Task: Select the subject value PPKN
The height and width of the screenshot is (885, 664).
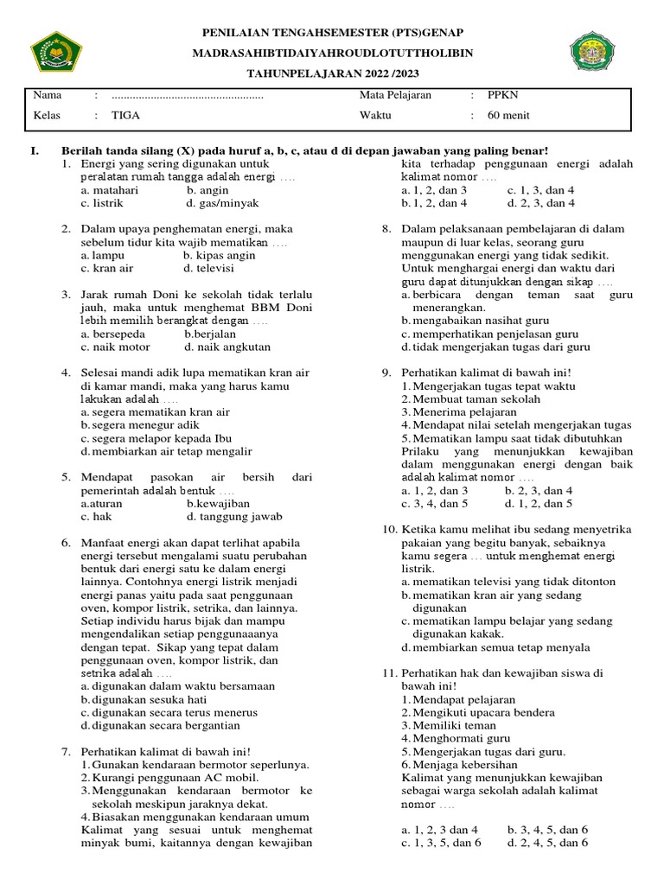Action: point(501,95)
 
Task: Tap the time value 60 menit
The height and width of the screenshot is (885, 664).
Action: point(508,115)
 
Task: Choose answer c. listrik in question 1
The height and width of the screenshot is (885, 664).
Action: point(103,203)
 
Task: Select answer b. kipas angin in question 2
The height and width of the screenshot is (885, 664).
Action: point(220,256)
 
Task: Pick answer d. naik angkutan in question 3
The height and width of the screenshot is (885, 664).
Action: point(222,347)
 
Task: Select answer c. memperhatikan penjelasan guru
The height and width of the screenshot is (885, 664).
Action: point(494,334)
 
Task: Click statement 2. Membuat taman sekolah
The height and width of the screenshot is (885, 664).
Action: point(470,398)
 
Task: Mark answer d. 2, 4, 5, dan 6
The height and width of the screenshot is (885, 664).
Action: point(547,843)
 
